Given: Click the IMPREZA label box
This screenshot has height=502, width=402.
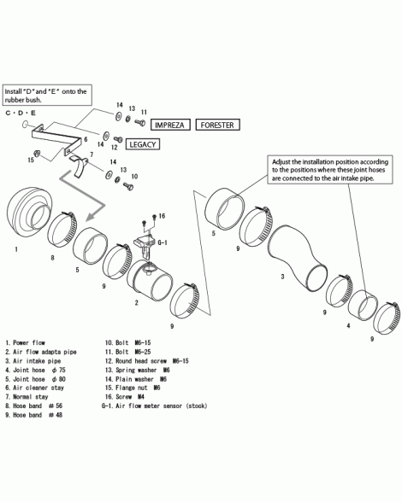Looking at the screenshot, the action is (x=170, y=125).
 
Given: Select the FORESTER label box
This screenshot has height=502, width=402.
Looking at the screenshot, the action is (x=217, y=125).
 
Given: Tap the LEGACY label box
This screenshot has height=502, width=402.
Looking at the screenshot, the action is (x=143, y=144).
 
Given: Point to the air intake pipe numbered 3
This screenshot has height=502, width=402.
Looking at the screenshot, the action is (x=297, y=259).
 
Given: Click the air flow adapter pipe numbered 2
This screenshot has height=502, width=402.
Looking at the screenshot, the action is (x=150, y=280).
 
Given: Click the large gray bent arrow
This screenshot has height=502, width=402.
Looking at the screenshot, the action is (x=84, y=196).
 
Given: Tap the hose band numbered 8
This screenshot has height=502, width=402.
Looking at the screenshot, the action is (x=62, y=228).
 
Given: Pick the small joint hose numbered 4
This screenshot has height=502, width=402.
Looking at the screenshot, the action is (x=363, y=306).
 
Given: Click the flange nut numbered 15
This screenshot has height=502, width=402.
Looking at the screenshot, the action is (x=37, y=153).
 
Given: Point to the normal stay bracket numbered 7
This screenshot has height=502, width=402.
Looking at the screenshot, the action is (x=80, y=166).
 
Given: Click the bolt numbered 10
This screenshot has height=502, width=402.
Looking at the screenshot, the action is (x=128, y=185).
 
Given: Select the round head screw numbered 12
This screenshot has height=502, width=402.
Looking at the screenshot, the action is (x=118, y=140).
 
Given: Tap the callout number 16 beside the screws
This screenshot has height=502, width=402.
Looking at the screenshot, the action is (x=162, y=216).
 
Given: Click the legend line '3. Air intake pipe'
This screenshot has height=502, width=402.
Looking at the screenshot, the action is (x=33, y=361).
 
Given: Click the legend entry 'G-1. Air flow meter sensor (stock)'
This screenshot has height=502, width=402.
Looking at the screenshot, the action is (x=154, y=406).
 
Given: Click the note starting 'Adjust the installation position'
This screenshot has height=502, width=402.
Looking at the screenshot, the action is (x=330, y=170).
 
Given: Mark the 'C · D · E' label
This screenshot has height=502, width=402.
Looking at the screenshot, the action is (x=21, y=113).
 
